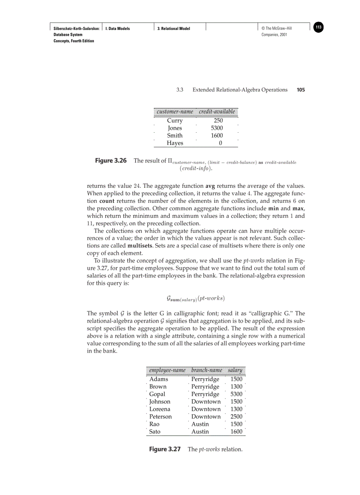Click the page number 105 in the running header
300,90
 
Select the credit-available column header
217,112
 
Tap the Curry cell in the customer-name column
175,120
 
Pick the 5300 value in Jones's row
217,128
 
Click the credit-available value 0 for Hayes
220,143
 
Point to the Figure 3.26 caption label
111,161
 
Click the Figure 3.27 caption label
165,449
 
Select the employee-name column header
167,370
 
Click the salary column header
235,370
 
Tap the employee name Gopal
157,394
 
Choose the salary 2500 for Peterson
236,417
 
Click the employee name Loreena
160,409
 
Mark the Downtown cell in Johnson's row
206,402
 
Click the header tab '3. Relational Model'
174,29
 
